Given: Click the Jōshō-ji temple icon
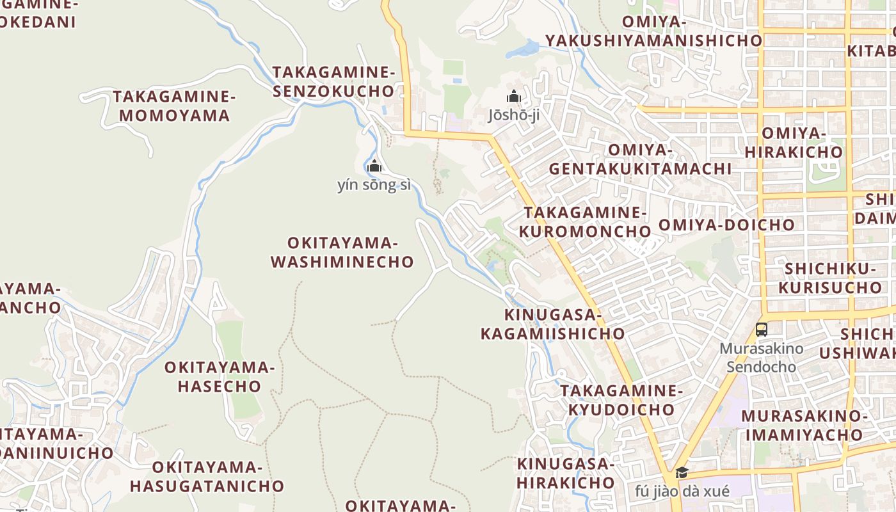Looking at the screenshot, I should [x=513, y=97].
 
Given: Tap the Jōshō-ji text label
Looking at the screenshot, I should [x=513, y=116].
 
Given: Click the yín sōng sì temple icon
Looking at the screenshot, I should [x=374, y=166].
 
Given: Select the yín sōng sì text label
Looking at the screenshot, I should [x=374, y=186].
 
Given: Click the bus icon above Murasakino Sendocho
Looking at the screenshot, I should [x=761, y=330].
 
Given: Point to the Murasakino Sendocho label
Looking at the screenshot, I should [x=761, y=358].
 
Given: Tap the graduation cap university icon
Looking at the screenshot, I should [x=682, y=473].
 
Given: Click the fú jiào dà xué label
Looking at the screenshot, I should [x=682, y=492].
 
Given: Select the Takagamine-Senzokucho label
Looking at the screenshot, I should [x=333, y=81].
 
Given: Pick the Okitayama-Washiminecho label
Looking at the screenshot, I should [x=342, y=252].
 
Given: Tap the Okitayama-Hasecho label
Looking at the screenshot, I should [x=220, y=377].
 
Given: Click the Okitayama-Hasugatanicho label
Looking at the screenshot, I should [x=207, y=476].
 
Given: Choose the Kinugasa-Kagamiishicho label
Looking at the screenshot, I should [x=553, y=324].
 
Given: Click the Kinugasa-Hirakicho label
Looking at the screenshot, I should [x=566, y=473].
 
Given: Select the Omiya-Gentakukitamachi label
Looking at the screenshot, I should [x=640, y=159].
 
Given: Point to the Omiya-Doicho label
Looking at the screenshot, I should [x=726, y=225].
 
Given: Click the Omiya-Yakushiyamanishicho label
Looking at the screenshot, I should [x=654, y=31].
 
